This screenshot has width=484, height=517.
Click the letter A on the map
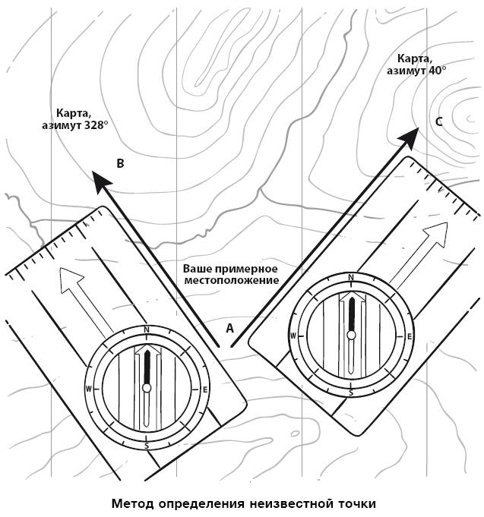point(230,328)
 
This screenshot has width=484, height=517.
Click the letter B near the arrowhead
point(120,163)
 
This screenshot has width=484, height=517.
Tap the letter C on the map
point(439,121)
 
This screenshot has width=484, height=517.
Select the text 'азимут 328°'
point(74,126)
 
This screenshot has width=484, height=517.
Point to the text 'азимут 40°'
point(416,71)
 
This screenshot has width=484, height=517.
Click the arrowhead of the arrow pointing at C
point(410,137)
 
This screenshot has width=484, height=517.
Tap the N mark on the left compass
point(147,329)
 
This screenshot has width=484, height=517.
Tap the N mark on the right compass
point(351,278)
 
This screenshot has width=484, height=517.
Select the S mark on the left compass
point(147,446)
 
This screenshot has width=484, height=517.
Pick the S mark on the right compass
point(351,392)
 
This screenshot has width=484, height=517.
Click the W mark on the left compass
point(89,389)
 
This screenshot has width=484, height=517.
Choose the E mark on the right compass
point(410,336)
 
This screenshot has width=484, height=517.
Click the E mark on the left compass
point(205,389)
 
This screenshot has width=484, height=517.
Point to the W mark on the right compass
point(293,336)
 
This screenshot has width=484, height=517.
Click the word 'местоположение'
point(232,281)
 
